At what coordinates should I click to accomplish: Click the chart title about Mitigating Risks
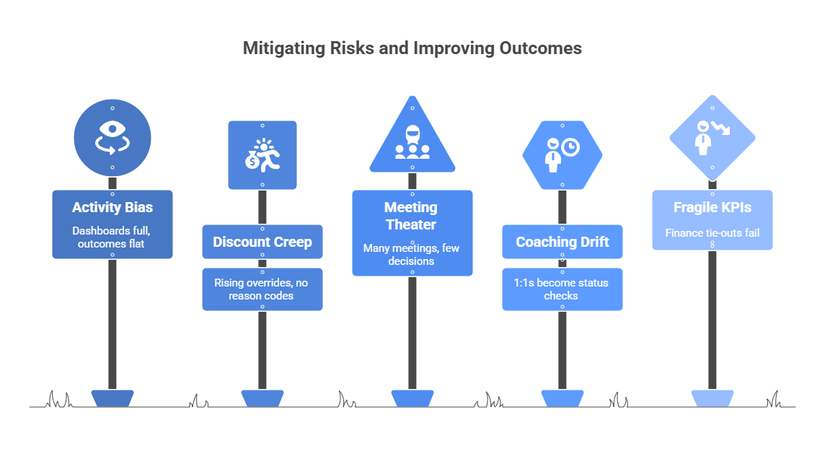pos(412,48)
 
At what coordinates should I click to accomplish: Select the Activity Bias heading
pos(112,208)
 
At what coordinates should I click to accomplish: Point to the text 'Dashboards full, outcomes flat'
pos(112,237)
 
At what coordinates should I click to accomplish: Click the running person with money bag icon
pos(262,154)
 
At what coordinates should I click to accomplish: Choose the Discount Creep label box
pos(262,242)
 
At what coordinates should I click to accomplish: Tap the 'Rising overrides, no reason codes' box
pos(262,289)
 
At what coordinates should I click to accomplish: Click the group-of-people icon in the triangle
pos(412,144)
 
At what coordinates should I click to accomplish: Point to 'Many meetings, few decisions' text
pos(412,254)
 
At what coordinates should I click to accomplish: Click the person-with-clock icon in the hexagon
pos(562,154)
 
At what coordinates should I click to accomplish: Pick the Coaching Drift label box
pos(562,242)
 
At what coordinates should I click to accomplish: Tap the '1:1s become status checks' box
pos(562,289)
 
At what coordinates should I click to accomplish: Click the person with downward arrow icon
pos(712,136)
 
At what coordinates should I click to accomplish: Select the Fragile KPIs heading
pos(712,208)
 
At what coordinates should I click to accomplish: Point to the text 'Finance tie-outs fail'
pos(712,232)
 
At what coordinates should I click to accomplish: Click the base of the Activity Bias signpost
pos(112,398)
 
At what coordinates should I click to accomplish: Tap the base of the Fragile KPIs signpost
pos(712,398)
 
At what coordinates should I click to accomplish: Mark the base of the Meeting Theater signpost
pos(412,398)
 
